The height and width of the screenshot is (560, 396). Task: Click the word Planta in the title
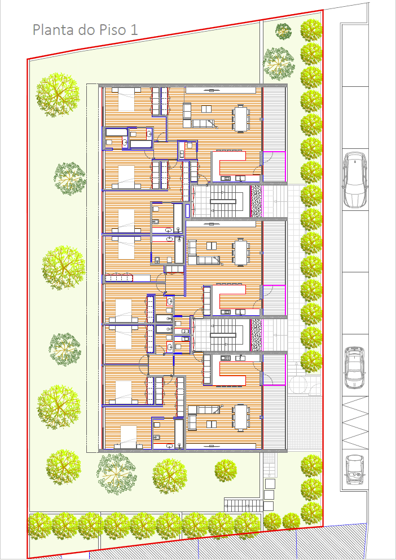[54, 30]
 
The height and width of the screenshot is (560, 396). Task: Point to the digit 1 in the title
[134, 30]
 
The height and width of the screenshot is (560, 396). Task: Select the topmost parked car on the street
[355, 180]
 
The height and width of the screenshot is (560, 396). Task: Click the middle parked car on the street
[355, 368]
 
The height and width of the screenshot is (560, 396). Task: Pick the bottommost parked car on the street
[355, 469]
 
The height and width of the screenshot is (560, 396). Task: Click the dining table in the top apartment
[240, 118]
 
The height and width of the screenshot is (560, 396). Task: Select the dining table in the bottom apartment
[240, 417]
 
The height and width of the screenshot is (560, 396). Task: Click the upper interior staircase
[223, 201]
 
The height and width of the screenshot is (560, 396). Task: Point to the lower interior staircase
[223, 335]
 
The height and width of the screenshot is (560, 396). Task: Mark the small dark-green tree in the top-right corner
[283, 31]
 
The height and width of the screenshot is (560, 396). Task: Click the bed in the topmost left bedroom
[126, 99]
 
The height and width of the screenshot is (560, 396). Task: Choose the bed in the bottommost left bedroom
[128, 437]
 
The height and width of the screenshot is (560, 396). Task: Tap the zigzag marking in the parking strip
[355, 423]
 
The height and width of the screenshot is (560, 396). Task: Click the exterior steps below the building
[243, 505]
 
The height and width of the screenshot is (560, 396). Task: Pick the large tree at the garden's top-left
[57, 95]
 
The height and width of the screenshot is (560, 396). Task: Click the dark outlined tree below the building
[117, 474]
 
